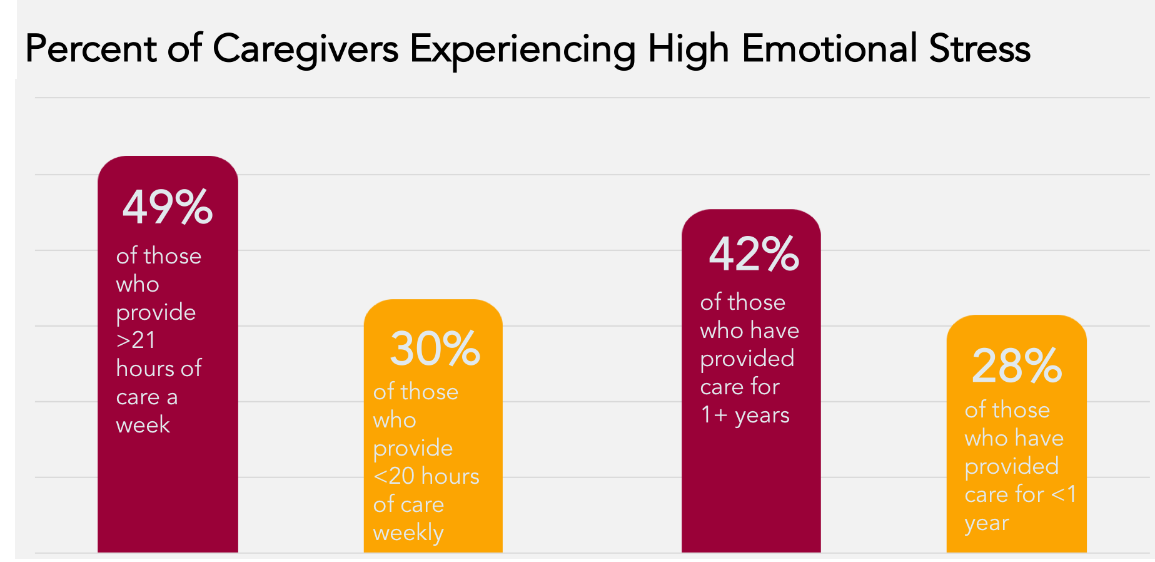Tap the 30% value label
[x=435, y=349]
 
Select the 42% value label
[x=754, y=254]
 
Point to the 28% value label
[x=1016, y=366]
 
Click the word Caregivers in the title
[x=305, y=49]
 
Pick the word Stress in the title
[x=979, y=49]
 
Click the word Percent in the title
[x=91, y=49]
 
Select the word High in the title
[x=688, y=49]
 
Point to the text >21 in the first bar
[x=136, y=340]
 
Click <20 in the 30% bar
[x=402, y=476]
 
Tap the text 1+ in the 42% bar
[x=714, y=415]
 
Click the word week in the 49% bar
[x=143, y=425]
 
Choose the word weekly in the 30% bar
[x=408, y=533]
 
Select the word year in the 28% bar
[x=987, y=523]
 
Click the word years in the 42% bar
[x=762, y=416]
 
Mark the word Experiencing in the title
[x=523, y=49]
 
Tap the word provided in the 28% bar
[x=1011, y=466]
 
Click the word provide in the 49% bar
[x=156, y=312]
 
